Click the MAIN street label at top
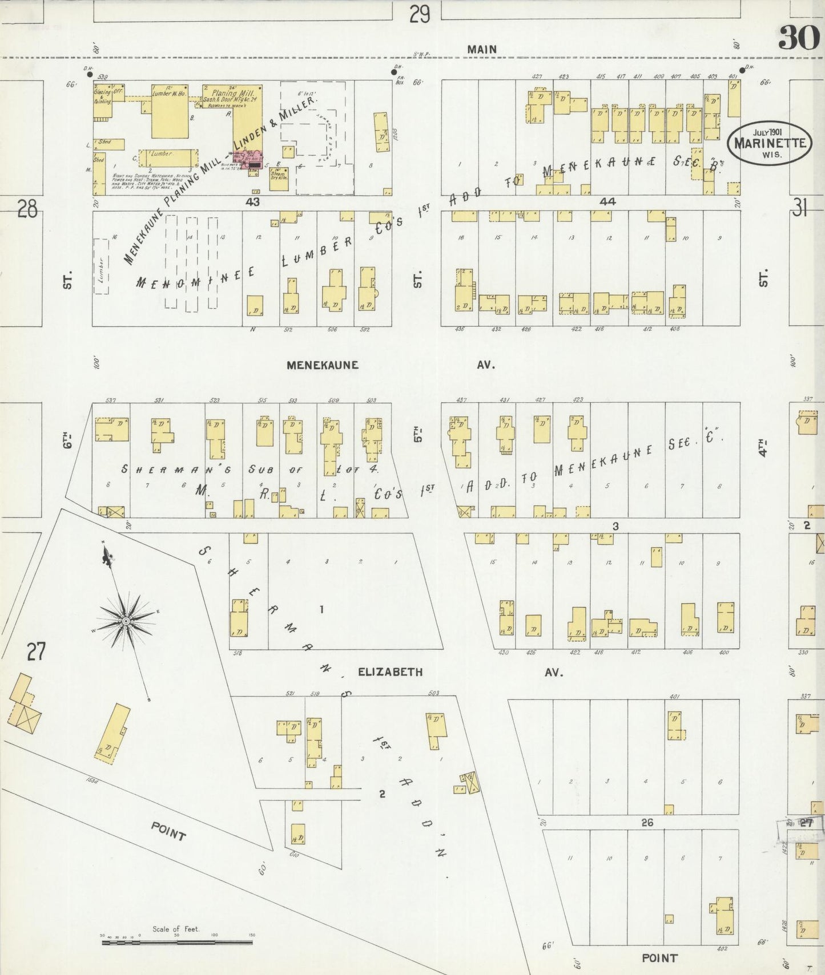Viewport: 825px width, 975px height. pos(482,50)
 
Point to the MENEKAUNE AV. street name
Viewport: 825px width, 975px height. pos(323,365)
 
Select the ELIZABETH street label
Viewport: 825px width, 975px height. pos(391,672)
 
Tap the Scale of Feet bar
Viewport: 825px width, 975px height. pos(177,942)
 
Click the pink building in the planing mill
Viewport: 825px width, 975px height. pos(252,161)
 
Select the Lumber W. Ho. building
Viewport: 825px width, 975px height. pos(170,111)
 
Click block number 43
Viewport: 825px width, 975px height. pos(253,202)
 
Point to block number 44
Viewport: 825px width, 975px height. pos(607,201)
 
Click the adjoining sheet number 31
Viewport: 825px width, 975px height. pos(799,209)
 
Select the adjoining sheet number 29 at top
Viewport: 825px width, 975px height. pos(420,14)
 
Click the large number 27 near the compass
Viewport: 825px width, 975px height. pos(36,651)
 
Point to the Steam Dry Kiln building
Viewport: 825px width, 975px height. pos(279,178)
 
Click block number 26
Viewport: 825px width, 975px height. pos(647,822)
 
